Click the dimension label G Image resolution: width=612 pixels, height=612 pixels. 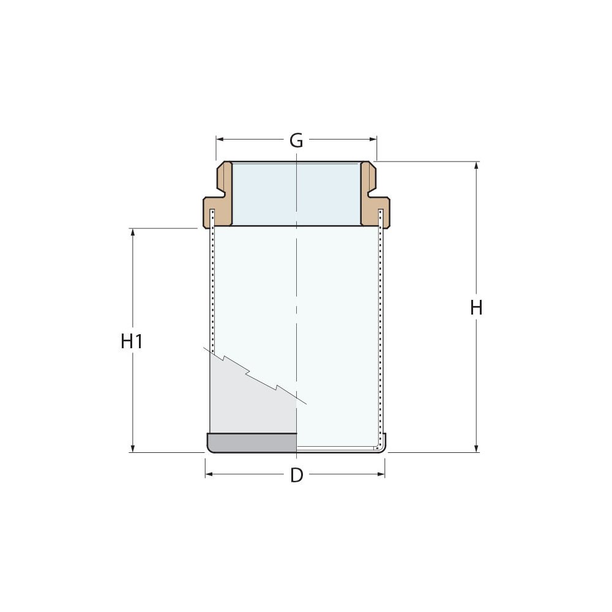296,141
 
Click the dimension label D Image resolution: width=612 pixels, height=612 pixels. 296,475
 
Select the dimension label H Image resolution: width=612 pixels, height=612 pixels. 476,308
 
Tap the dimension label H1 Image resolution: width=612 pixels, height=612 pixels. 132,341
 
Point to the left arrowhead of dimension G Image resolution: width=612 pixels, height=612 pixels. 220,140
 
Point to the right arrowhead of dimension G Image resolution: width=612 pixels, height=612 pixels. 373,140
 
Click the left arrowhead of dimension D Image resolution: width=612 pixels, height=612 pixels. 209,474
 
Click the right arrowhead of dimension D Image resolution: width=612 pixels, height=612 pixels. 381,474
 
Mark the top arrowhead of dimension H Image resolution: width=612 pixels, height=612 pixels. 477,165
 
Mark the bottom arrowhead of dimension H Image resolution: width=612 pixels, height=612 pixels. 477,449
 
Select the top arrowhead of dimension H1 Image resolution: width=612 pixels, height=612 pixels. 132,232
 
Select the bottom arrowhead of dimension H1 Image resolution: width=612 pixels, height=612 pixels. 132,449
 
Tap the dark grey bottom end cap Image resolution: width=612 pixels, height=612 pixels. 251,442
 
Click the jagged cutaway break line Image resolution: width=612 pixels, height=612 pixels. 257,376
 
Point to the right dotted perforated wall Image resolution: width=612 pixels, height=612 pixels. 381,330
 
